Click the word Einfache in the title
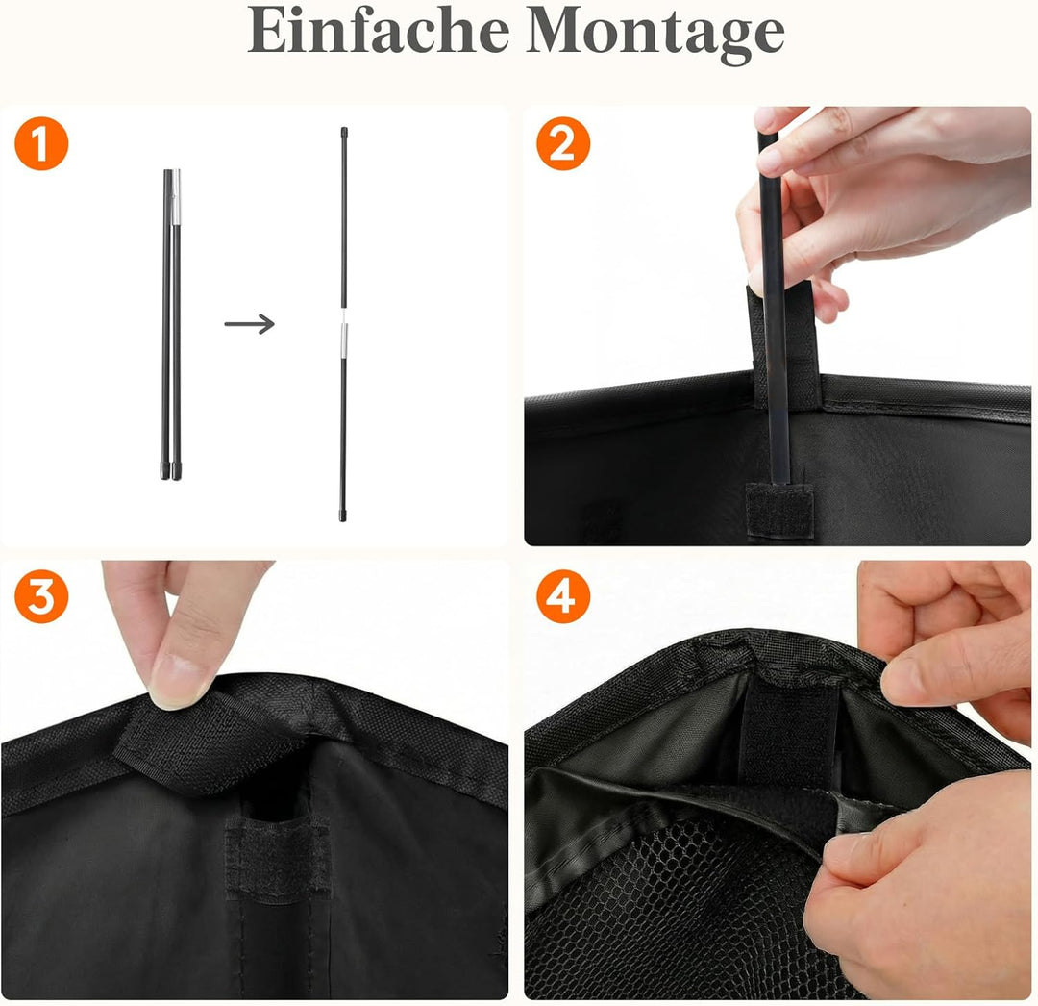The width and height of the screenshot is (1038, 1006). (x=378, y=31)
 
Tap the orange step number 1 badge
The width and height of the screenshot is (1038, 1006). (x=41, y=143)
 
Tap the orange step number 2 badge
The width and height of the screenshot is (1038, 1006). (x=563, y=143)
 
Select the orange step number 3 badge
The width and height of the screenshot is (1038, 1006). (x=41, y=596)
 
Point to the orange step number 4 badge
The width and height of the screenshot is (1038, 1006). (x=563, y=596)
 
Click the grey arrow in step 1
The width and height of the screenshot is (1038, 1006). (x=250, y=324)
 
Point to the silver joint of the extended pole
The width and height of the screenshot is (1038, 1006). (x=343, y=340)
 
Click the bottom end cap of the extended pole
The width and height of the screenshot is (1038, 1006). (x=343, y=515)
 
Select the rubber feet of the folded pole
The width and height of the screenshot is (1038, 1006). (x=171, y=471)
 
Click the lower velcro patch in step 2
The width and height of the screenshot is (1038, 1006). (x=779, y=509)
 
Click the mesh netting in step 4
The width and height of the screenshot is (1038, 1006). (x=688, y=914)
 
